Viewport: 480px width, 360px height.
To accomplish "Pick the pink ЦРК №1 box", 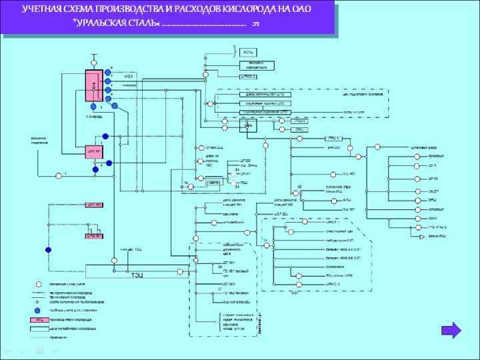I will coord(93,149).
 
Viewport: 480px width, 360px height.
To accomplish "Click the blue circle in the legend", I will coord(38,311).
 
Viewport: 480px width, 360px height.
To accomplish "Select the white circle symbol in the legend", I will coord(38,284).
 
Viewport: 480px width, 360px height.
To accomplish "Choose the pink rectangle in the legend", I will coord(38,319).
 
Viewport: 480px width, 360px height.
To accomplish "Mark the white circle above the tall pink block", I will coord(95,57).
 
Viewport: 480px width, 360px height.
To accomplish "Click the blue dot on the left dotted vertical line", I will coord(48,250).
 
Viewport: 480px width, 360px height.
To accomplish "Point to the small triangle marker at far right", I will coord(421,237).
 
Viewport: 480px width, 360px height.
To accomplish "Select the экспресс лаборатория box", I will coord(257,65).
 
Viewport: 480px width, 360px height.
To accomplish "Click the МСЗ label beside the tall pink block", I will coord(129,76).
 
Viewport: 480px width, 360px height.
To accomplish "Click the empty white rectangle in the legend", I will coord(38,328).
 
